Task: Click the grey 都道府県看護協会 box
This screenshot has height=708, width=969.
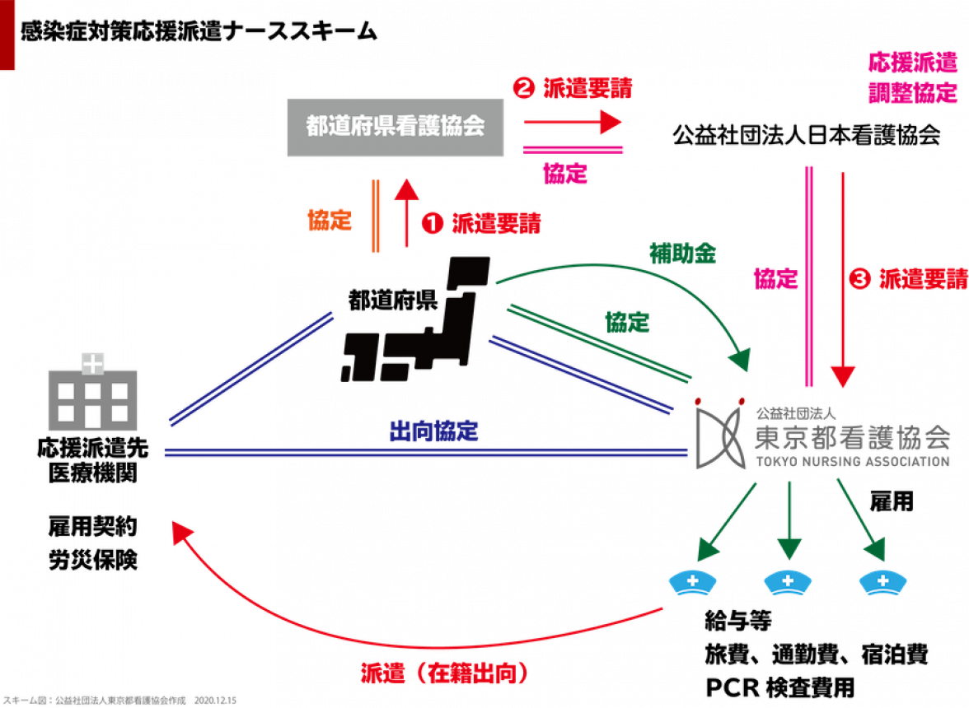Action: coord(395,127)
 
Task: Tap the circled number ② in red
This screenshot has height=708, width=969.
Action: coord(523,87)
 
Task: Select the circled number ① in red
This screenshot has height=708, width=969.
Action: coord(432,223)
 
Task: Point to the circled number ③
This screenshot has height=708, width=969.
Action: coord(860,279)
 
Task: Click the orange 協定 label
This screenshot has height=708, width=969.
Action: coord(329,221)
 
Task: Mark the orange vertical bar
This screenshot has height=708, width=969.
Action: coord(375,216)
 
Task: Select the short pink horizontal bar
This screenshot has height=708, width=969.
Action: coord(574,148)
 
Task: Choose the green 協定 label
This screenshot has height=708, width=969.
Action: coord(627,322)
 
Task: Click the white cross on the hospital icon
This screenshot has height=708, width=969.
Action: coord(92,362)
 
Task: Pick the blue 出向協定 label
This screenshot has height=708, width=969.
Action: coord(434,431)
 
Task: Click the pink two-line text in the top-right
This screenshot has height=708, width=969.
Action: coord(912,77)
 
